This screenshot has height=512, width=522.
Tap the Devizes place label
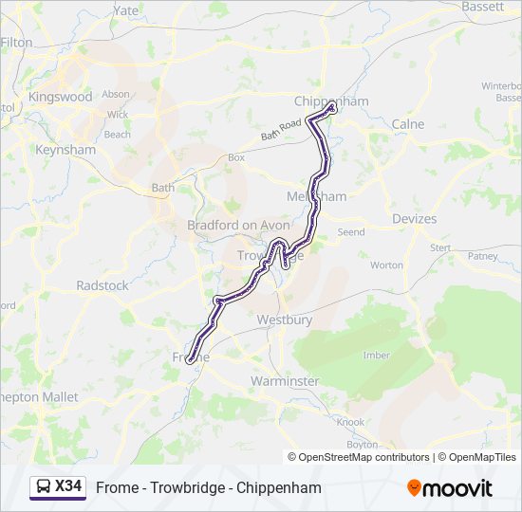pyautogui.click(x=414, y=219)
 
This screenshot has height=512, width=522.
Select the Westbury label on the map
pyautogui.click(x=284, y=320)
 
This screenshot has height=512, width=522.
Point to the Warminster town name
pyautogui.click(x=285, y=381)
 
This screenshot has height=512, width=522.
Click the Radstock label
pyautogui.click(x=102, y=285)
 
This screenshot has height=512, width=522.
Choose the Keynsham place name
pyautogui.click(x=65, y=150)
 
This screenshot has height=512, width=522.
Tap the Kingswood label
pyautogui.click(x=61, y=97)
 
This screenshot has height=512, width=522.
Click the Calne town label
pyautogui.click(x=408, y=124)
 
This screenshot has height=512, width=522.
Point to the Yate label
pyautogui.click(x=126, y=10)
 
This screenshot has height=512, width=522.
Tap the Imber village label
pyautogui.click(x=376, y=356)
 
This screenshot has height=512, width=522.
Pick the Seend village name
pyautogui.click(x=350, y=231)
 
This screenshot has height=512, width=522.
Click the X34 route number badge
pyautogui.click(x=68, y=487)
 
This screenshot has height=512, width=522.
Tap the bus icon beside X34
pyautogui.click(x=44, y=487)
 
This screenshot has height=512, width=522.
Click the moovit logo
pyautogui.click(x=450, y=488)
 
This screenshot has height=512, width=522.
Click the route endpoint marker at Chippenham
pyautogui.click(x=331, y=108)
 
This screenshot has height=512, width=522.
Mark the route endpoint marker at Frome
pyautogui.click(x=192, y=359)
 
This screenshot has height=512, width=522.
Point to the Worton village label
pyautogui.click(x=386, y=265)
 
